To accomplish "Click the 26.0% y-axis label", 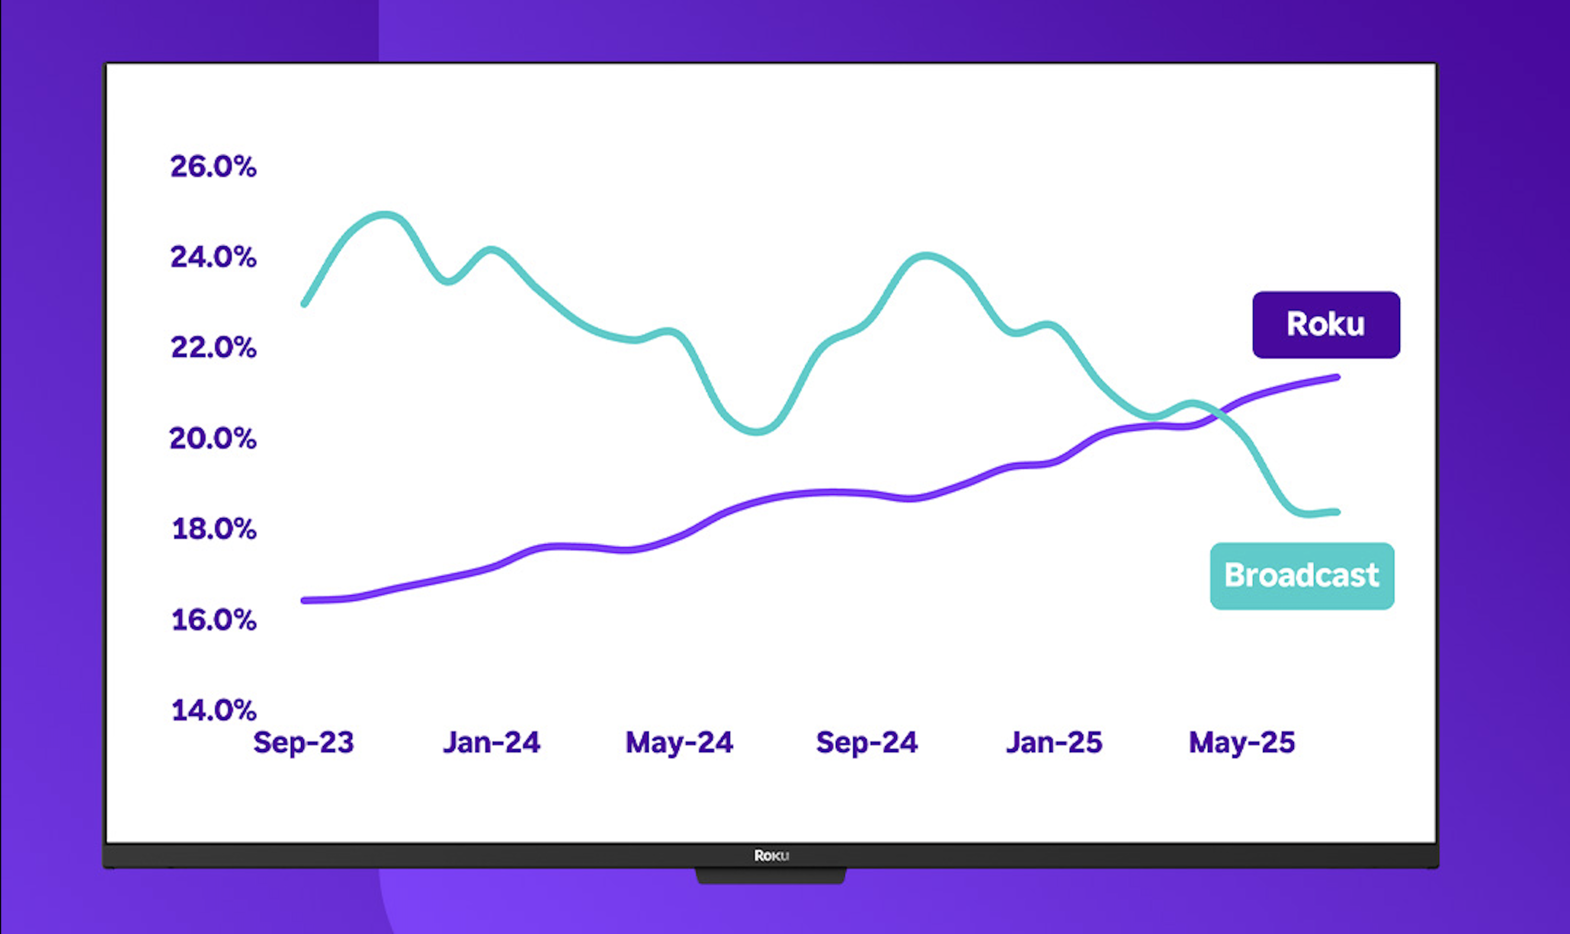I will click(x=213, y=167).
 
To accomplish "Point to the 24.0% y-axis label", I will click(x=213, y=257).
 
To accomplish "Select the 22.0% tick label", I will click(x=213, y=348).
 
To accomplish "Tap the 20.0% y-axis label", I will click(x=213, y=438).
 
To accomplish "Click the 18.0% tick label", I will click(x=214, y=528).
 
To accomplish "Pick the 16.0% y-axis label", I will click(x=214, y=620).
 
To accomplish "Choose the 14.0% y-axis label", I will click(x=214, y=710).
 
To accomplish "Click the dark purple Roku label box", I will click(x=1326, y=325).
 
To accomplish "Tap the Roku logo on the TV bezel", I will click(x=771, y=856).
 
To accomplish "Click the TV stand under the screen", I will click(x=771, y=876).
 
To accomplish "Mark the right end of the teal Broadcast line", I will click(x=1337, y=512).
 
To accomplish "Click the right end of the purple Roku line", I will click(x=1337, y=377).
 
